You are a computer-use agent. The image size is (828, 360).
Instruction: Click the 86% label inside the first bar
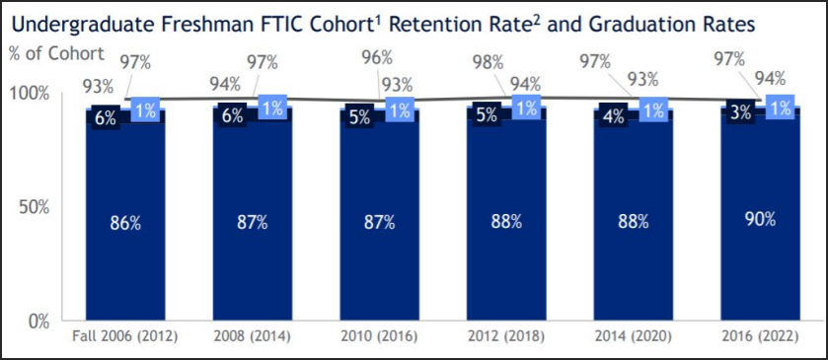click(125, 223)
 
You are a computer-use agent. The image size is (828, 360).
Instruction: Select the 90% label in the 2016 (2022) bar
click(761, 219)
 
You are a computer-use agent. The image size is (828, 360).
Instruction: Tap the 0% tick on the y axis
click(38, 321)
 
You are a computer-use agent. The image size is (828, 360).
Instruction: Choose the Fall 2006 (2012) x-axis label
click(125, 336)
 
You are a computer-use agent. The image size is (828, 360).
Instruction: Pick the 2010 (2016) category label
click(379, 336)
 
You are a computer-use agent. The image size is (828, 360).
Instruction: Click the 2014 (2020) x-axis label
click(634, 336)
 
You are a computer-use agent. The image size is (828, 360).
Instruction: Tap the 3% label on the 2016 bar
click(741, 114)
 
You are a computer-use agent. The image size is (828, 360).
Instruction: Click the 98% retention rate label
click(489, 63)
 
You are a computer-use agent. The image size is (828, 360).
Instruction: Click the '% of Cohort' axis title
click(54, 54)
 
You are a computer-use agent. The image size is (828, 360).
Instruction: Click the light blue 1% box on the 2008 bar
click(272, 108)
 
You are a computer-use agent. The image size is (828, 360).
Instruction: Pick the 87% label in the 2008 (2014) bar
click(252, 222)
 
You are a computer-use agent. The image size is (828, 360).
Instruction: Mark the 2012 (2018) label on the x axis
click(506, 336)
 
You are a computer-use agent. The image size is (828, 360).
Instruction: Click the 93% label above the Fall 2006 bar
click(98, 86)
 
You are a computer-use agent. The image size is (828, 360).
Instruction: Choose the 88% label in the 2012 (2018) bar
click(506, 221)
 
